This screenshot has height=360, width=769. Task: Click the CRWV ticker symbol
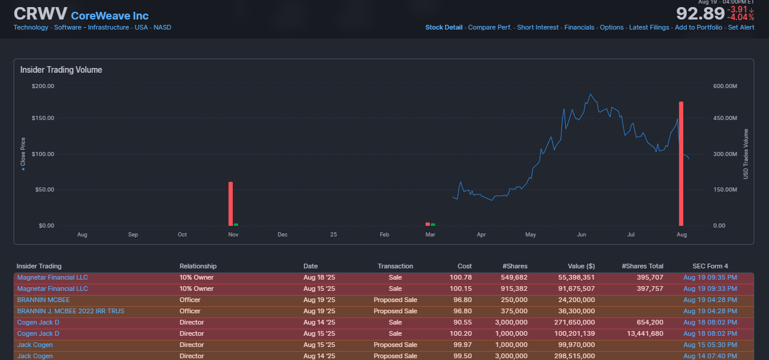coord(39,14)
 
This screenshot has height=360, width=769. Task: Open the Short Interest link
coord(537,27)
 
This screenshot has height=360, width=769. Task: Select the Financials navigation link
coord(579,27)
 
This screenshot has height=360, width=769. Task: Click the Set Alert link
coord(741,27)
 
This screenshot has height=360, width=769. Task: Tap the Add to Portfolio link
coord(699,27)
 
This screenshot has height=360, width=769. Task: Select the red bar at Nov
coord(231,203)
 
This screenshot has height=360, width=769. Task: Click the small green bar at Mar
coord(433,224)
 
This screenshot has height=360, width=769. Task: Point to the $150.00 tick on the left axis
coord(43,118)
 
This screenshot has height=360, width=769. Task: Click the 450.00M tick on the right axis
coord(725,118)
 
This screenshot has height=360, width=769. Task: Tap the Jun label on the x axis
coord(582,235)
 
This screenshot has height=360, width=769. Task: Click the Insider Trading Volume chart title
coord(61,70)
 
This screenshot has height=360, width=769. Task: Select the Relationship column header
coord(198,266)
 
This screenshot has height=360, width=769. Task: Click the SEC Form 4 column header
coord(710,266)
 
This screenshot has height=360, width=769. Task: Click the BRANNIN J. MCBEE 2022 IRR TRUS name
coord(70,311)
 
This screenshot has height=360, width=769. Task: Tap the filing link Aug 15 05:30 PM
coord(710,345)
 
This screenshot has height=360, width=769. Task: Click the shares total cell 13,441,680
coord(644,333)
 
